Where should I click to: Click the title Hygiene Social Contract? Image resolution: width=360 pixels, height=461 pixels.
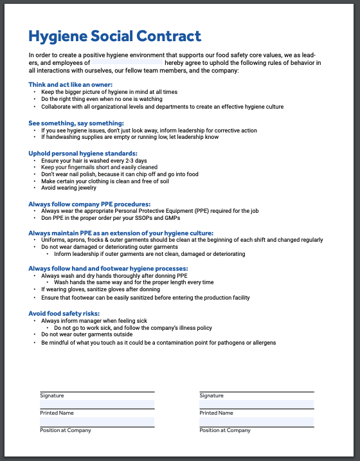[x=115, y=36]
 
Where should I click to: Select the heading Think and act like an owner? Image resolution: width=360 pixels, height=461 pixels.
[x=71, y=85]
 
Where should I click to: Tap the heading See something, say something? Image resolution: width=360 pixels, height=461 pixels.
[x=76, y=123]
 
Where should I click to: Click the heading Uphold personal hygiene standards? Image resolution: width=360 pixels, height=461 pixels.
[x=83, y=153]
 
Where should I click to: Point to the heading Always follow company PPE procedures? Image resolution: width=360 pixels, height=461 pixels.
[x=89, y=203]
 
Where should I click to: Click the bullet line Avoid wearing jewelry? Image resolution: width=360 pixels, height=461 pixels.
[x=69, y=188]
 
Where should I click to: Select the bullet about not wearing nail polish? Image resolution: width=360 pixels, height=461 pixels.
[x=120, y=174]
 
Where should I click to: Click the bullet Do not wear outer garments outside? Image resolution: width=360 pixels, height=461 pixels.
[x=87, y=334]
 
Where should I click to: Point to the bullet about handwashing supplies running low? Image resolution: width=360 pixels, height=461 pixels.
[x=130, y=137]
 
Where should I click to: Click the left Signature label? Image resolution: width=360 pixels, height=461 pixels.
[x=51, y=395]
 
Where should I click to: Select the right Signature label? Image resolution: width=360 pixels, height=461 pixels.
[x=212, y=395]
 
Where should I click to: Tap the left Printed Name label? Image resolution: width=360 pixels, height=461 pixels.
[x=57, y=413]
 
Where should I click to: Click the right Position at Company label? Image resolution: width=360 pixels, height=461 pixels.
[x=226, y=430]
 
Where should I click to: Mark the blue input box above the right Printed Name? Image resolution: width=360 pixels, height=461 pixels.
[x=256, y=404]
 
